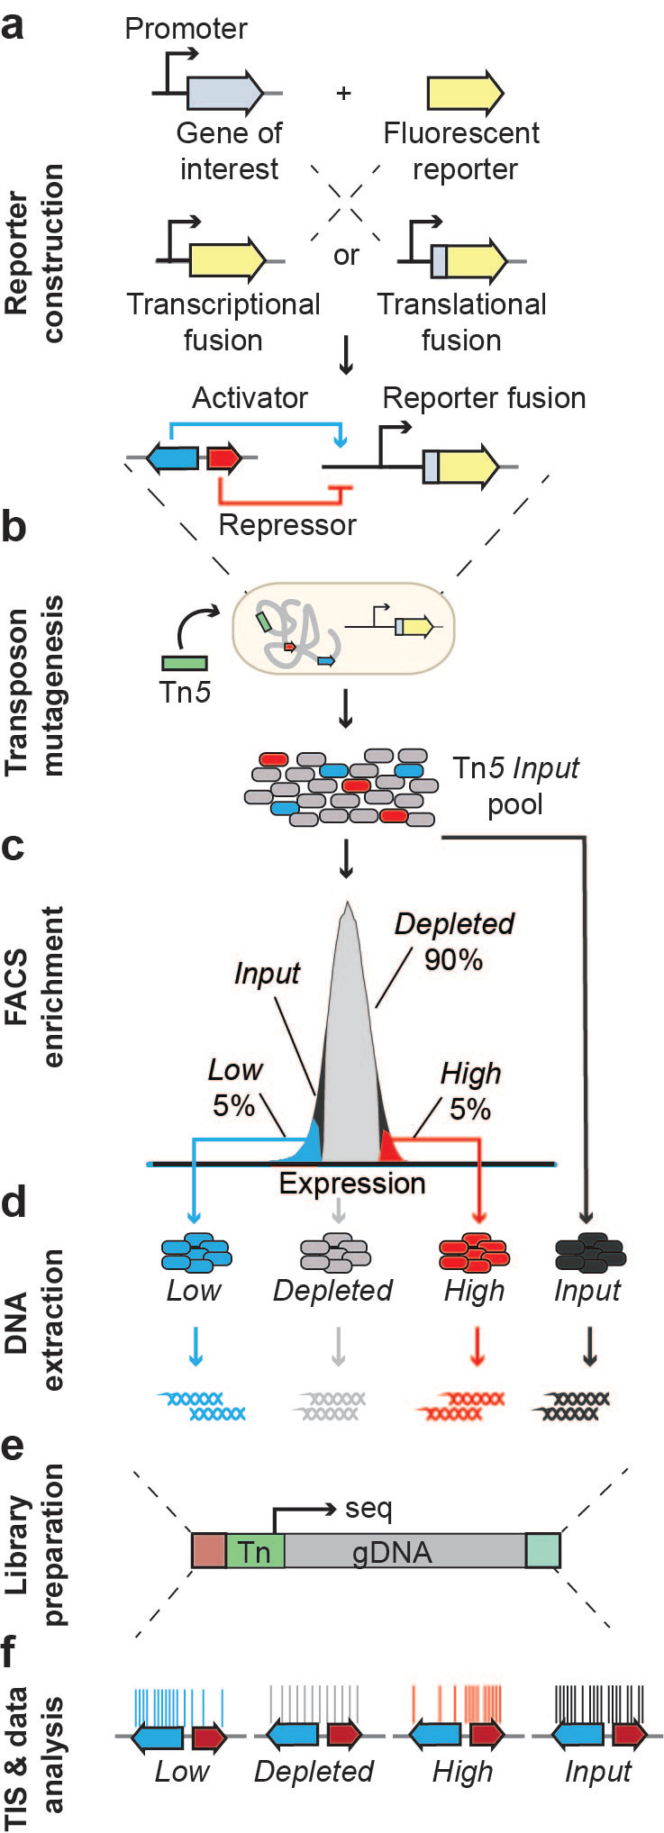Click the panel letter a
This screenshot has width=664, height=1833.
14,26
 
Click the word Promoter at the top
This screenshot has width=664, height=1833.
186,29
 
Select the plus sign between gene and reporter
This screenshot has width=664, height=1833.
343,93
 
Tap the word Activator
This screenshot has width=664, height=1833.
250,397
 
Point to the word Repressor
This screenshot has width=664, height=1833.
287,525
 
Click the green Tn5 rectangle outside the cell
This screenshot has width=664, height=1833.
185,663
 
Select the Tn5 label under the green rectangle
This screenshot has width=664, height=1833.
184,693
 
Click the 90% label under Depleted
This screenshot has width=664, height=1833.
453,960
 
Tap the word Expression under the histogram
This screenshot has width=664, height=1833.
352,1184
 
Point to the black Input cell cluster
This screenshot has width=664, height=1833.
589,1252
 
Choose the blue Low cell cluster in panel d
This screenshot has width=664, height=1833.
196,1252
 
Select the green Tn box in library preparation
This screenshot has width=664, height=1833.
255,1551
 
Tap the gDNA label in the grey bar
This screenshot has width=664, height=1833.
392,1552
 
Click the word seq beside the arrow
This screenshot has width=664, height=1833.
368,1508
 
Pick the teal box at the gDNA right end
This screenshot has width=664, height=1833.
543,1550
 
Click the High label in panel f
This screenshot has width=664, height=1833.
462,1772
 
